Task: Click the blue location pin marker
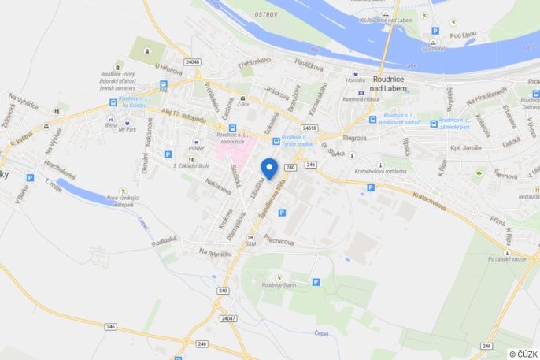point(268,168)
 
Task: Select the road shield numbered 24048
point(193,61)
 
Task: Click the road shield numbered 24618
point(309,127)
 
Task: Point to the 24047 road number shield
point(228,318)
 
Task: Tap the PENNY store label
point(196,148)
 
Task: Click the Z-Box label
point(242,103)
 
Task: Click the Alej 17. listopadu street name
point(184,117)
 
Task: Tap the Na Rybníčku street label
point(214,252)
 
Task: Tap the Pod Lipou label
point(462,35)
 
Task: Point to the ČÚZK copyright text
point(523,354)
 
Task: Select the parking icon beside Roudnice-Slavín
point(316,282)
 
